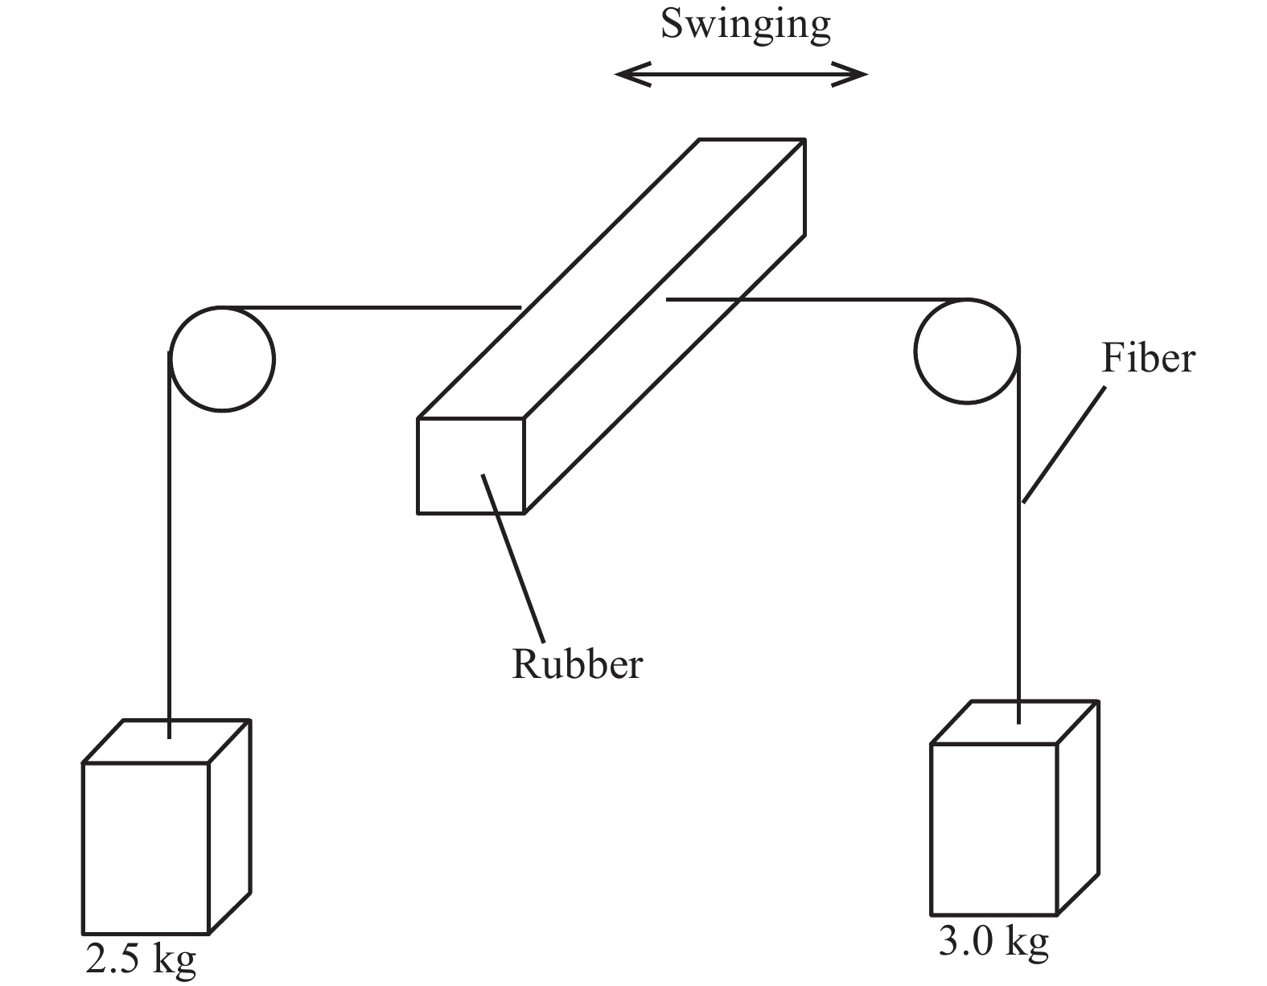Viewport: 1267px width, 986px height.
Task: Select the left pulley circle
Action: point(222,359)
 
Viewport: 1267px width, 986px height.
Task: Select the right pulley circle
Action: point(967,351)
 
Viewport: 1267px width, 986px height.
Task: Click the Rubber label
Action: point(577,665)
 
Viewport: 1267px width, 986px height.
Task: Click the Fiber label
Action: point(1147,358)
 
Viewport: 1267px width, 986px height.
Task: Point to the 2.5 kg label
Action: point(141,959)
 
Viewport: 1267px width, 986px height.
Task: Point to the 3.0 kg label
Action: point(993,942)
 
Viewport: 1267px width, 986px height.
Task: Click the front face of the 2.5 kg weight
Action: point(146,848)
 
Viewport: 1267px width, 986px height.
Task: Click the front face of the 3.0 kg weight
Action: point(993,829)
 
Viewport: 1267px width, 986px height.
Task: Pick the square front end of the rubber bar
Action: point(471,466)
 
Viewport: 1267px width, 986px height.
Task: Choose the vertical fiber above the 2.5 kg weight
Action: point(170,547)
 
